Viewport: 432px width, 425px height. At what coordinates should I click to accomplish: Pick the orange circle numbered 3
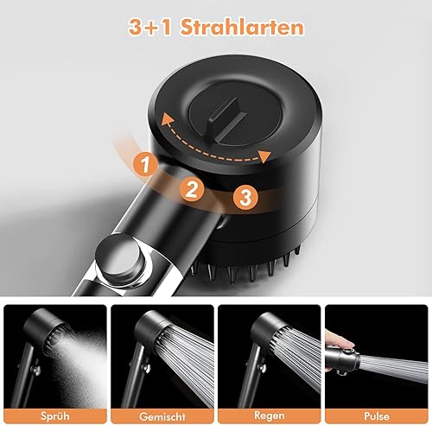click(x=246, y=198)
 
